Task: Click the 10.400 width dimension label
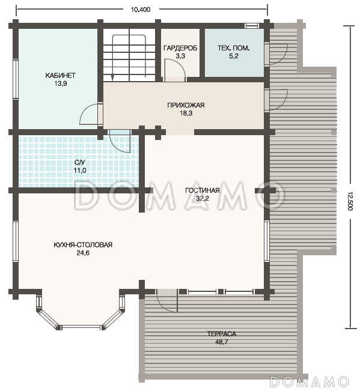coord(141,10)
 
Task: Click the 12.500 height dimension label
coord(350,201)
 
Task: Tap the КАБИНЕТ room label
coord(60,75)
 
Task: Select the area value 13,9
coord(60,83)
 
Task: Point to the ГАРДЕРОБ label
coord(180,48)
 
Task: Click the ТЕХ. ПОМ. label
coord(234,48)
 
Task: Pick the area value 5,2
coord(234,56)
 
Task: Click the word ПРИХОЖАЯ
coord(186,105)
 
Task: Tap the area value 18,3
coord(186,113)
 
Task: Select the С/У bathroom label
coord(79,162)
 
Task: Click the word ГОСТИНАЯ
coord(203,190)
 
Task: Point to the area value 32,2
coord(203,198)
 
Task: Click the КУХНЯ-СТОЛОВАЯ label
coord(83,244)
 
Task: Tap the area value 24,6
coord(83,253)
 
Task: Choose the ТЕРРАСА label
coord(222,334)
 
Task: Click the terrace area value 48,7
coord(222,342)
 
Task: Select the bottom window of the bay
coord(81,327)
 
